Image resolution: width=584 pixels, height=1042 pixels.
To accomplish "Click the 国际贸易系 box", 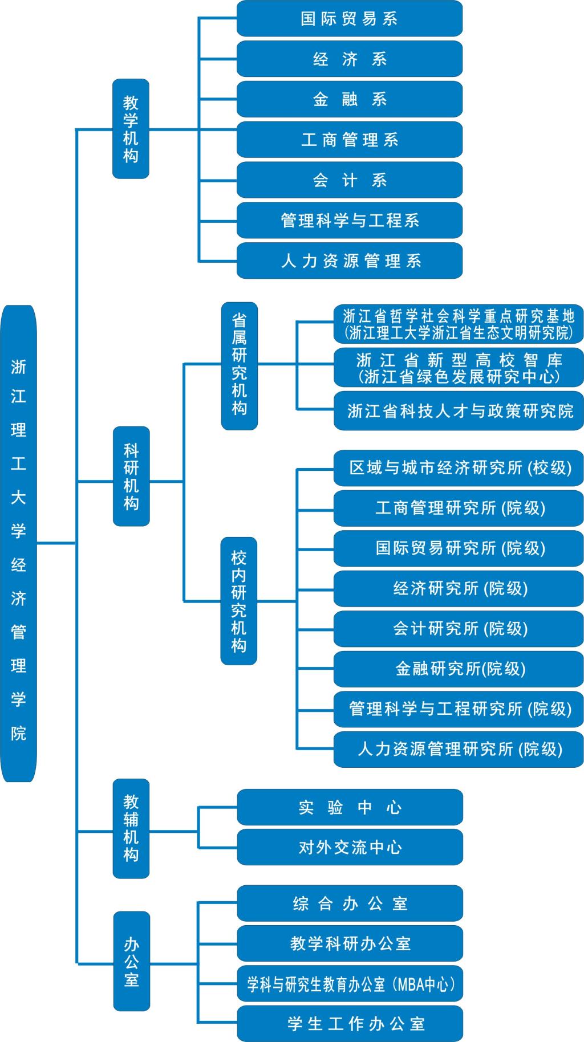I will pos(349,19).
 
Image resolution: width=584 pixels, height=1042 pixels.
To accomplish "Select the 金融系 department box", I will pos(349,99).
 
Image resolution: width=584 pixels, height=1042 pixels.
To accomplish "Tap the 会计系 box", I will pos(349,180).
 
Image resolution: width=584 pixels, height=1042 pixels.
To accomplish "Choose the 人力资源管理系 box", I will pos(349,261).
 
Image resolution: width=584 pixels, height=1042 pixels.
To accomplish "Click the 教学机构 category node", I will pos(131,129).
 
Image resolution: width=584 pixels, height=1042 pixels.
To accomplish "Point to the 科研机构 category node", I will pos(131,476).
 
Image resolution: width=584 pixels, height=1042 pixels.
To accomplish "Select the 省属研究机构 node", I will pos(240,365).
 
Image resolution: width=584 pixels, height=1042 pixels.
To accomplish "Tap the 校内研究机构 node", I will pos(239,601).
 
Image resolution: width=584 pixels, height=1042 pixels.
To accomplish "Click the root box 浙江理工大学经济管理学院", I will pos(19,543).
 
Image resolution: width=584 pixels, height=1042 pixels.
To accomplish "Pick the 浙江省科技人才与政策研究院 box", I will pos(459,410).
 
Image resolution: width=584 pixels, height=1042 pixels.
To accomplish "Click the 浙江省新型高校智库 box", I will pos(459,368).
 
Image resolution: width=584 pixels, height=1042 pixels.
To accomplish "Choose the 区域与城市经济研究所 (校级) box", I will pos(459,468).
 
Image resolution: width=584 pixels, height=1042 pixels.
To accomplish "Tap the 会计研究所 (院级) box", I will pos(459,629).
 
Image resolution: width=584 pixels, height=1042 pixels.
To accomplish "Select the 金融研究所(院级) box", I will pos(459,669).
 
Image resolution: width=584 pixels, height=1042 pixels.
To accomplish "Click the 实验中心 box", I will pos(350,807).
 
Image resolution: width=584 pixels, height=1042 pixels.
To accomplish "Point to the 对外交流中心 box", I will pos(350,847).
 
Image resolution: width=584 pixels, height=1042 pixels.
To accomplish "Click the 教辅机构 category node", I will pos(131,828).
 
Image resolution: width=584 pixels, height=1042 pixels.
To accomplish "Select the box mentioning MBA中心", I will pos(350,984).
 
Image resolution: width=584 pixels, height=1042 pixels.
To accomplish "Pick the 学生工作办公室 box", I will pos(350,1024).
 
